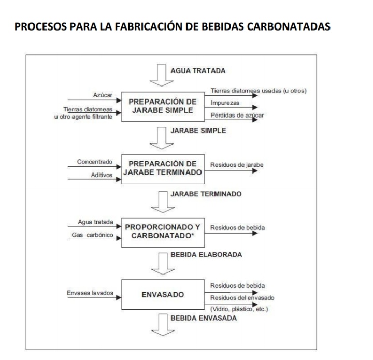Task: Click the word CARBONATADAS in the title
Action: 289,26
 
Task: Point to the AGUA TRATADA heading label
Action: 198,71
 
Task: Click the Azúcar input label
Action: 103,95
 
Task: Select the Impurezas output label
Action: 225,103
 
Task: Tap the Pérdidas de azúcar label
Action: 237,116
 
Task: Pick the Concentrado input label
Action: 94,162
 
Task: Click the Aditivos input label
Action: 102,175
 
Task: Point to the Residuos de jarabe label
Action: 237,165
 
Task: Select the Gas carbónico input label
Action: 92,235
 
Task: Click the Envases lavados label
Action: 90,293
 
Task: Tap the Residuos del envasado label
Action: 242,298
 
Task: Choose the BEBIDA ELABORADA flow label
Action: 206,255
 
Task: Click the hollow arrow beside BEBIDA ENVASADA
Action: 163,325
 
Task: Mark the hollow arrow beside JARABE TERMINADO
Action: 163,202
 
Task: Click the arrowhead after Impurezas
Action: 255,107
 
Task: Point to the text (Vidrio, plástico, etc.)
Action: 239,309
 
